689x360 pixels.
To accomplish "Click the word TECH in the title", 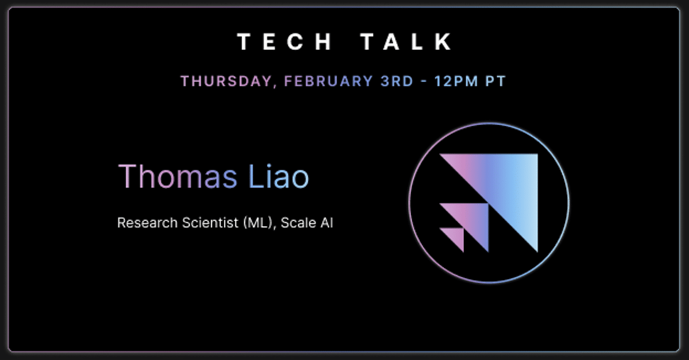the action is (x=285, y=41).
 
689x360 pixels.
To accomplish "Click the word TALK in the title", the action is (x=406, y=41).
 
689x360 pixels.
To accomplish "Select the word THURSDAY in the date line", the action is (x=226, y=81).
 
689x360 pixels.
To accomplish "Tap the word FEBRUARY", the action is (x=328, y=81).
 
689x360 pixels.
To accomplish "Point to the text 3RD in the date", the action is (x=397, y=81).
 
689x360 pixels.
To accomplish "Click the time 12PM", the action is (x=456, y=81).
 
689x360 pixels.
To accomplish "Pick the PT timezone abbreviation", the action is (x=496, y=81).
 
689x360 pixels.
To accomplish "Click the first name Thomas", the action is (x=177, y=176).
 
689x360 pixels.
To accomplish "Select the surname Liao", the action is (x=278, y=176).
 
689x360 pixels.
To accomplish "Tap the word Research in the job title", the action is (x=148, y=223).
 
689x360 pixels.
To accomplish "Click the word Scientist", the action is (x=210, y=223).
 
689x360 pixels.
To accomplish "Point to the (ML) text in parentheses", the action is (x=258, y=223).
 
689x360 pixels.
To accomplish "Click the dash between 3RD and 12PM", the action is (x=424, y=82).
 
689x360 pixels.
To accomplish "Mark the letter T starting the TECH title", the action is (x=243, y=41).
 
